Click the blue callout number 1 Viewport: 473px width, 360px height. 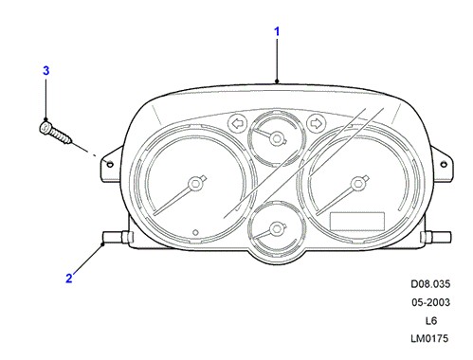277,31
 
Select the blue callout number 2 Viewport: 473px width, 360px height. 69,279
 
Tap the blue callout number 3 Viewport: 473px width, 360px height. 46,70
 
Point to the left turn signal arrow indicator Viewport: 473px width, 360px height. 238,123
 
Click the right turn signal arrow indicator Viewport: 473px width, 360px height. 316,123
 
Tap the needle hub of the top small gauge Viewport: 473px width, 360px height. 277,138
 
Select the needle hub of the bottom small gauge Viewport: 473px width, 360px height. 277,228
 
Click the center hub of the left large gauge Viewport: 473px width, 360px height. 195,184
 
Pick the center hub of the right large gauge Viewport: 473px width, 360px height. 358,184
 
